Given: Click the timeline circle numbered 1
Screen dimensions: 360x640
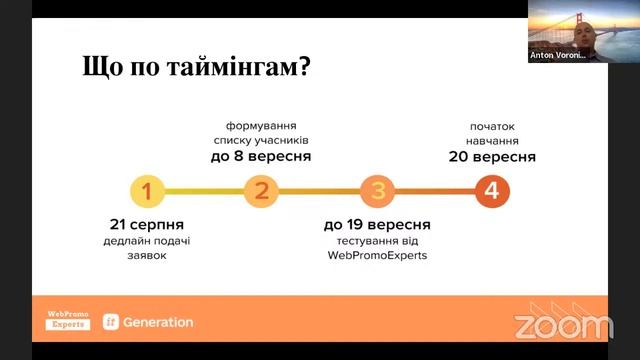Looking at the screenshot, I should pos(147,190).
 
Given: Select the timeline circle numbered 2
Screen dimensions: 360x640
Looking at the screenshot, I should pos(261,190).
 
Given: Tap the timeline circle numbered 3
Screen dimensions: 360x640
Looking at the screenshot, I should pos(377,190).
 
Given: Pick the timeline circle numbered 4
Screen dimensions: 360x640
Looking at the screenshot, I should pos(491,190).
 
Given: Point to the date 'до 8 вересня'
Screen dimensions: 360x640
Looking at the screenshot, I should pos(261,157).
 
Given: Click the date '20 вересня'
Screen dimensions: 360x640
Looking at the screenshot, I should pos(491,157).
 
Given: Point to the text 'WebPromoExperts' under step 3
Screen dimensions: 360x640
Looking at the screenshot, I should pos(377,256).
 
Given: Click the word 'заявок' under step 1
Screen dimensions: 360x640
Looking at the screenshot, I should pos(147,256).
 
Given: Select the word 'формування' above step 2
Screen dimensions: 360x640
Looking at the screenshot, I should pos(261,127).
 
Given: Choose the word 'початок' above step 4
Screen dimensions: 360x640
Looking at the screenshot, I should pos(491,127).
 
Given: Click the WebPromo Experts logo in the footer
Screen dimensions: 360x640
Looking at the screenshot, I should pos(68,321).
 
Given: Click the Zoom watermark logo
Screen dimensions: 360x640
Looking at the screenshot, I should pos(563,325).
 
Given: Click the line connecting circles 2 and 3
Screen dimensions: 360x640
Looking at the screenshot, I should pos(319,190).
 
